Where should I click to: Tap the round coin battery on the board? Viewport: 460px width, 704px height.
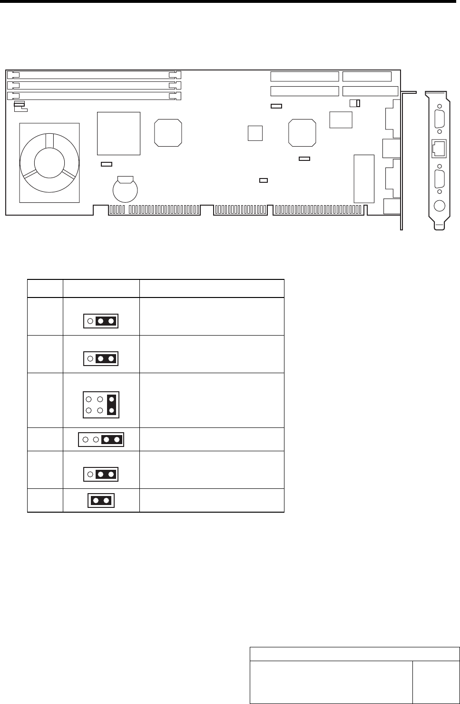pos(125,189)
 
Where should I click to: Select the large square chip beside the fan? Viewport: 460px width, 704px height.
pos(118,133)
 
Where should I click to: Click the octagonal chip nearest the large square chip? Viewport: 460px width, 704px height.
pos(168,132)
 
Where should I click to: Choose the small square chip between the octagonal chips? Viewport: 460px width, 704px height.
pos(255,133)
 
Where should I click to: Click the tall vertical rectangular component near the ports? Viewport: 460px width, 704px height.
pos(364,178)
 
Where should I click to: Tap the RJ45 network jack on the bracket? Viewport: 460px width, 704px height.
pos(439,149)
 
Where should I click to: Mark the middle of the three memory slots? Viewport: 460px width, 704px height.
pos(94,85)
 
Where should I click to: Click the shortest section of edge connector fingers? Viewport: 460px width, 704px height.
pos(240,209)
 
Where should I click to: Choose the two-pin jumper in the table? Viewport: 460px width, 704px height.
pos(101,500)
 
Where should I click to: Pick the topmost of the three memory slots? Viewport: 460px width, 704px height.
pos(94,75)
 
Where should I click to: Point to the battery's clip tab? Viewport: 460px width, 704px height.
pos(125,179)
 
